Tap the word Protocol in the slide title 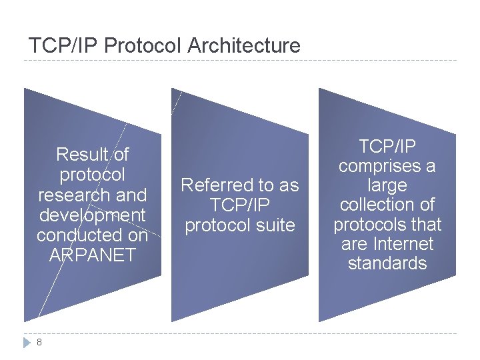tap(143, 46)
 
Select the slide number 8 tap(39, 342)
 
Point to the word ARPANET tap(92, 255)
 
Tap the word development tap(92, 215)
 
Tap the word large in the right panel tap(387, 185)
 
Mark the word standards tap(387, 263)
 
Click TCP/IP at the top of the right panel tap(387, 146)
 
